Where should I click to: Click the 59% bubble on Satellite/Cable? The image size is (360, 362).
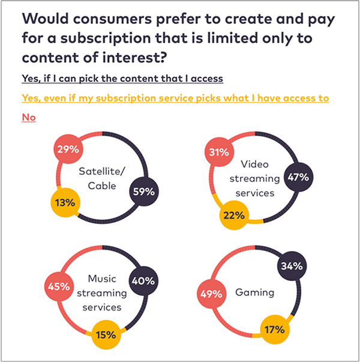145,192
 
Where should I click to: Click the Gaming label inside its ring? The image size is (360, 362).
255,293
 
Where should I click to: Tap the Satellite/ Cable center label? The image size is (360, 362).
103,178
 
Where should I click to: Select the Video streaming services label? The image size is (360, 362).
260,178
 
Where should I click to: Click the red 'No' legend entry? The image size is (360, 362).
29,118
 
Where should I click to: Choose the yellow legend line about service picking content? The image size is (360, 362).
175,98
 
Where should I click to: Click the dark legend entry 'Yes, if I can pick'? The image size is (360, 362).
122,79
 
